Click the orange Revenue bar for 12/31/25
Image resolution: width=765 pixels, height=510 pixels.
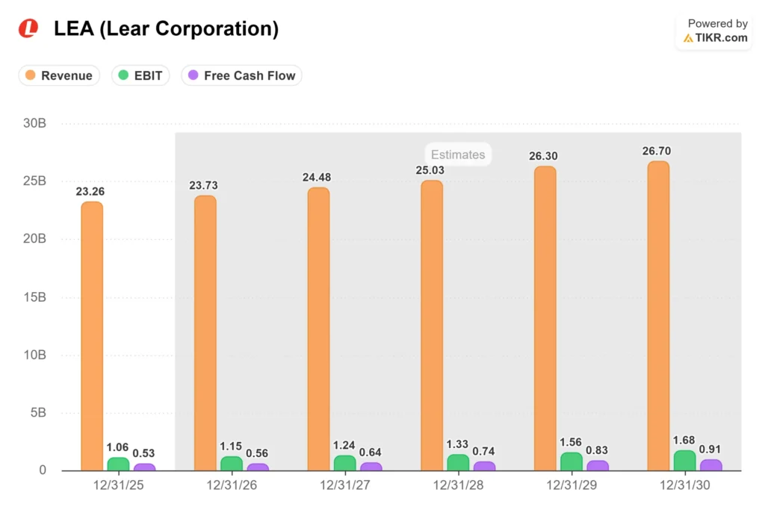(x=92, y=336)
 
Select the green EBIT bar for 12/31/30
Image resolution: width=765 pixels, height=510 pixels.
(x=684, y=460)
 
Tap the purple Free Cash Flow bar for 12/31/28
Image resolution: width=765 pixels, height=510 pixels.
(x=484, y=466)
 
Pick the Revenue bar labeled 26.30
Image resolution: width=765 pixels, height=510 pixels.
(x=545, y=318)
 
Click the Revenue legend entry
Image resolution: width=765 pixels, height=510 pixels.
(x=59, y=75)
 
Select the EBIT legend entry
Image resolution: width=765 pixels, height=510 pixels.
(x=140, y=75)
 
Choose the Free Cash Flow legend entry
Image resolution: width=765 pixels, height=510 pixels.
(x=241, y=75)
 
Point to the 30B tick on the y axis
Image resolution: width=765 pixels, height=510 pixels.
(x=34, y=123)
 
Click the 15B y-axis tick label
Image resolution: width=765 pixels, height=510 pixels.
(x=34, y=297)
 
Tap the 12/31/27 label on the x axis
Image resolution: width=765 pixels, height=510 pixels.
(x=345, y=485)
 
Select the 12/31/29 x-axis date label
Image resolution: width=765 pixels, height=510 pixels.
(x=572, y=485)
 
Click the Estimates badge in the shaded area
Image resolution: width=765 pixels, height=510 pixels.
(x=458, y=155)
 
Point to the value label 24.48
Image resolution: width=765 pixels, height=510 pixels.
(x=317, y=178)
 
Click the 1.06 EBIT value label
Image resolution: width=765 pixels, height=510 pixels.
(x=117, y=447)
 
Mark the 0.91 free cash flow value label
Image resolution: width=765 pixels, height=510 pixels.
(x=710, y=449)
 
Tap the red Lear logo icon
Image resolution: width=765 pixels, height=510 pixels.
(x=28, y=28)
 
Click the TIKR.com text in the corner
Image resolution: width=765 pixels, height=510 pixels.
(x=721, y=37)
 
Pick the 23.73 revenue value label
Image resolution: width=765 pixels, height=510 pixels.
(x=203, y=186)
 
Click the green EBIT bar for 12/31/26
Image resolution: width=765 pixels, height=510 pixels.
(x=232, y=463)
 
